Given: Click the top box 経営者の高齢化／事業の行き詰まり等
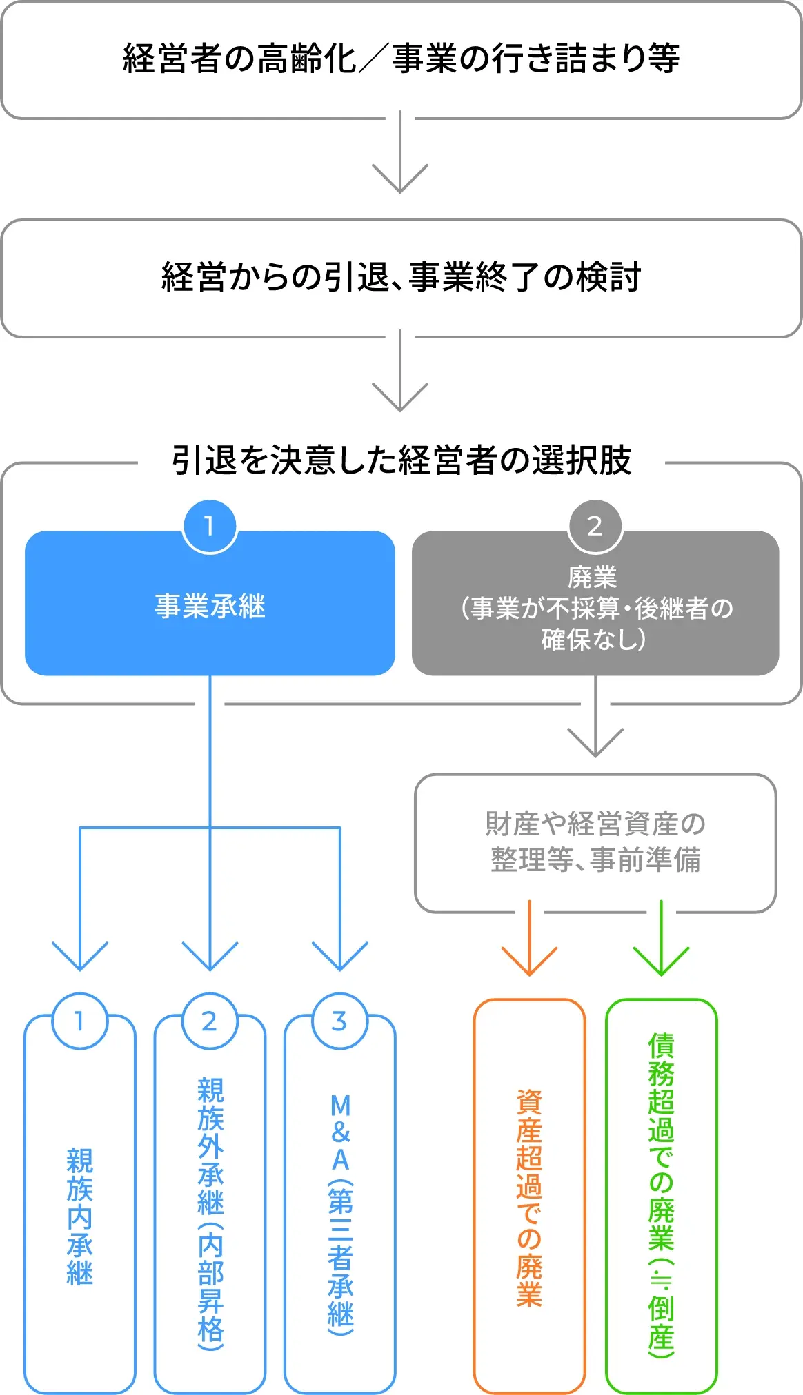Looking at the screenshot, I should pos(401,59).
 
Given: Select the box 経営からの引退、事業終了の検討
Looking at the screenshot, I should pos(401,278).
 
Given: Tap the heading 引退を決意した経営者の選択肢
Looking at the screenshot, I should pos(401,460).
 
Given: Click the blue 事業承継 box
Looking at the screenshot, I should pos(210,606).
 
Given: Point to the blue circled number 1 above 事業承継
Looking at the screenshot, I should pos(210,527).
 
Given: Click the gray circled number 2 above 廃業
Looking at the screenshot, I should pos(595,527).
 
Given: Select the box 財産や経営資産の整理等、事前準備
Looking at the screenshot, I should pos(595,842).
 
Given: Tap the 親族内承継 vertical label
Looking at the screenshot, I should pos(80,1216).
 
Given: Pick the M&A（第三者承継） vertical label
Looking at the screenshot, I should pos(341,1213).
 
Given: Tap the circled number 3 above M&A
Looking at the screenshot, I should pos(339,1021).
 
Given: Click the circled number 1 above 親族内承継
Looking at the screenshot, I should pos(80,1021).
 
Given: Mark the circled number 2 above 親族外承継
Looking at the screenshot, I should pos(210,1021).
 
